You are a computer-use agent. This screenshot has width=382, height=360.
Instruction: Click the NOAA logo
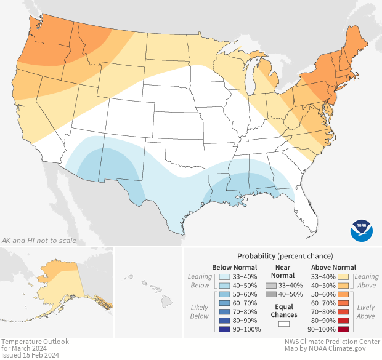pos(362,230)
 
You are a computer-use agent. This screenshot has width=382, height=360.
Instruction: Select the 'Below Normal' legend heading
pos(234,267)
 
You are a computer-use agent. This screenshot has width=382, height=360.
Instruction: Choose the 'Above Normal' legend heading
pos(333,267)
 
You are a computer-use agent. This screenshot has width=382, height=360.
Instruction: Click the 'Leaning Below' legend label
pos(200,281)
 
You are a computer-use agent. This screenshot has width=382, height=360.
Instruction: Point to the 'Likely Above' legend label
pos(365,311)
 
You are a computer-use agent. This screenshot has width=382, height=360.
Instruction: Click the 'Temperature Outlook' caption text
pos(35,342)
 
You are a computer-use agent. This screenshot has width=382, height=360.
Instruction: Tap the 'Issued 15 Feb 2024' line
pos(31,355)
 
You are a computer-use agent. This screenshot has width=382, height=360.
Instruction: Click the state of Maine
pos(357,46)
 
